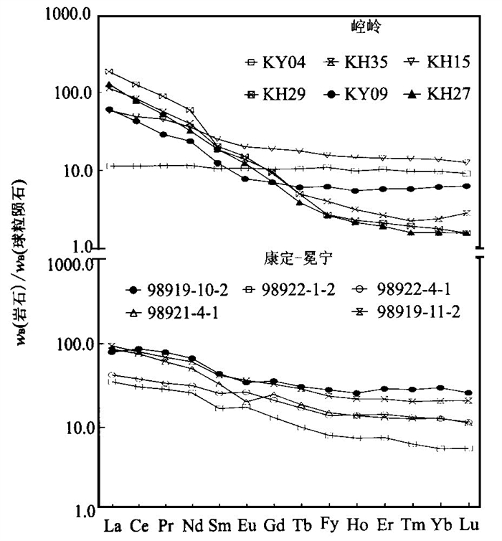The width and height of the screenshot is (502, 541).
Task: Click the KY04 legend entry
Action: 275,63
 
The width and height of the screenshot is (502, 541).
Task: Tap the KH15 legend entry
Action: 438,63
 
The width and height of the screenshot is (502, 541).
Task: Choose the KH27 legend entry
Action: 438,94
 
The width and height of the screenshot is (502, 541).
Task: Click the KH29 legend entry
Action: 275,94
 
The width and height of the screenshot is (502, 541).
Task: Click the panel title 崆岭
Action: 360,27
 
